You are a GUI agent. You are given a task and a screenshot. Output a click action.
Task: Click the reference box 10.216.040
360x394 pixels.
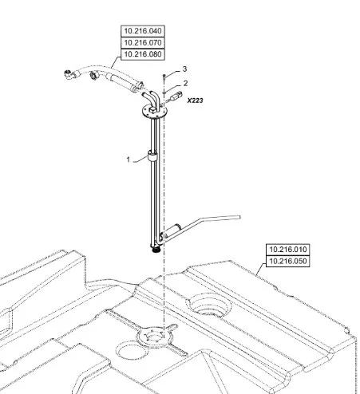[x=143, y=31]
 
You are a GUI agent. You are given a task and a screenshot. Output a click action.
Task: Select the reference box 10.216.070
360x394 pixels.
[x=143, y=42]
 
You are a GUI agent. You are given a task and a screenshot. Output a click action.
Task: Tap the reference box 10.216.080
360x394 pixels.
[x=143, y=54]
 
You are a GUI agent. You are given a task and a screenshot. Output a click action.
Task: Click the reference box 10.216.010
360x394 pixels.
[x=288, y=250]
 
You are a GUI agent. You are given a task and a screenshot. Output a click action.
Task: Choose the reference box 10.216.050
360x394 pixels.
[x=288, y=262]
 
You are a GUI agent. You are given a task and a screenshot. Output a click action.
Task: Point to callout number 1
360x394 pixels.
[x=129, y=160]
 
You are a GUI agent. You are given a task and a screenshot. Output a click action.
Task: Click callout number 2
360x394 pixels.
[x=185, y=84]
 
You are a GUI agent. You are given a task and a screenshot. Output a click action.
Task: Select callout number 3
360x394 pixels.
[x=184, y=69]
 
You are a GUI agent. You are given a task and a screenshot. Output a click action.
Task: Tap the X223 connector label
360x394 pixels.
[x=195, y=100]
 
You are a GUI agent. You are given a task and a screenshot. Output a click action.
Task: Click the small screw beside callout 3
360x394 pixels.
[x=164, y=77]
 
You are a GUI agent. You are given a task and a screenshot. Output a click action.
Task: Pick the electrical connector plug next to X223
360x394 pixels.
[x=176, y=96]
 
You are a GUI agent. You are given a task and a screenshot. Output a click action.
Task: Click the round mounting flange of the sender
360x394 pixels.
[x=154, y=111]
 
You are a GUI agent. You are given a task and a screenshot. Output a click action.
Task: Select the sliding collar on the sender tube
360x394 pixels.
[x=152, y=156]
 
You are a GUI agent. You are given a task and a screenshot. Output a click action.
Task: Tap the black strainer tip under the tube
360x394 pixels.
[x=156, y=250]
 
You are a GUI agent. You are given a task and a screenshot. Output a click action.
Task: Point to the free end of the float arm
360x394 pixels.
[x=240, y=217]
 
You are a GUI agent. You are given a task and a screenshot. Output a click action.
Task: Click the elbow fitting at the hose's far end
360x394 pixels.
[x=69, y=74]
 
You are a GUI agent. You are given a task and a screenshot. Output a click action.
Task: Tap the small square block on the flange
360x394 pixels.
[x=152, y=110]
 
